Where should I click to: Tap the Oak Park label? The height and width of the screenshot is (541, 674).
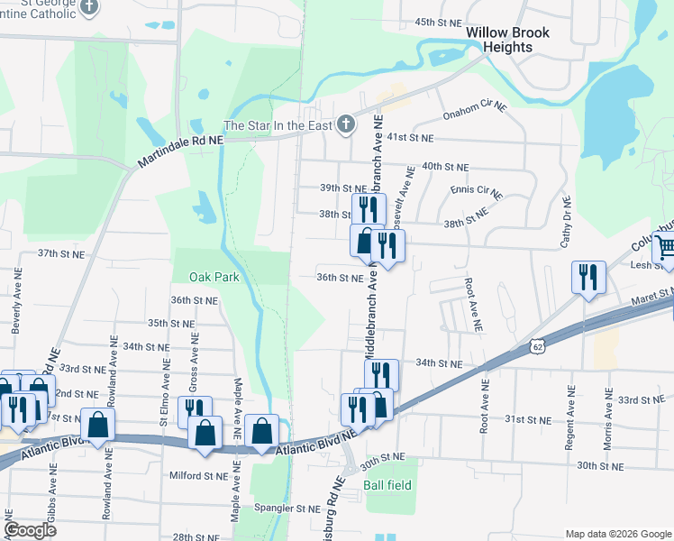214,277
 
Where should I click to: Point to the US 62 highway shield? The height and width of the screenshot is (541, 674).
538,345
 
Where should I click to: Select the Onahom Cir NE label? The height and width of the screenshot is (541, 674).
475,112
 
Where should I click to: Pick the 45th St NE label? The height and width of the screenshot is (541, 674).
437,22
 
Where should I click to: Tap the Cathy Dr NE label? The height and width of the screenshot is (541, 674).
567,222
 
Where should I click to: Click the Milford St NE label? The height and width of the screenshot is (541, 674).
198,475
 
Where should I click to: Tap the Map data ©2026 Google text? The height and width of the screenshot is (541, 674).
617,534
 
